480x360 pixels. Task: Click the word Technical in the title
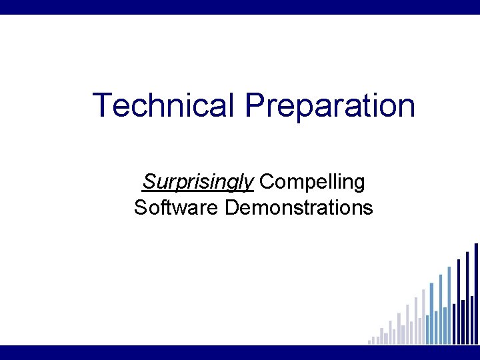[164, 105]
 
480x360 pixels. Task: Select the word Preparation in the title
[329, 106]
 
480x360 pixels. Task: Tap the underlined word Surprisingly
[198, 181]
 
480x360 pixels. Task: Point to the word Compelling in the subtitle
[312, 181]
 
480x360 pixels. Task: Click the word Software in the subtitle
[177, 207]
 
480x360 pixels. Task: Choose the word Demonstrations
[299, 207]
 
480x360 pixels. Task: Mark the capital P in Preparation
[255, 105]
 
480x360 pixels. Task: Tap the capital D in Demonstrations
[233, 207]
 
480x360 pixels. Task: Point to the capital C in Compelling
[267, 181]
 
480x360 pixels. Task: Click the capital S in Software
[140, 207]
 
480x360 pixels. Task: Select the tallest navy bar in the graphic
[475, 293]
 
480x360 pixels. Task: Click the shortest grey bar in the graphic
[369, 342]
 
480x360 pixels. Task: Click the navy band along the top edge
[240, 7]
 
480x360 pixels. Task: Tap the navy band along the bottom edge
[240, 352]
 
